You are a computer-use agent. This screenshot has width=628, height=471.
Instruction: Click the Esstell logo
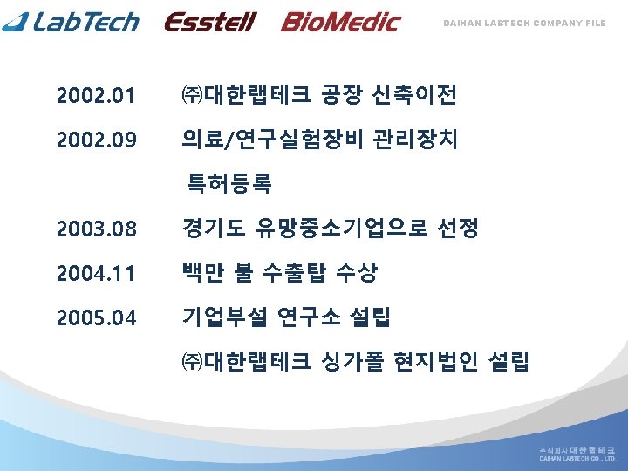point(209,22)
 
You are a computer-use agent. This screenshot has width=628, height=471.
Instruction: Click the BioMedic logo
point(339,22)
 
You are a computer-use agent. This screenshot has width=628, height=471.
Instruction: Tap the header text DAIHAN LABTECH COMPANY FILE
point(525,23)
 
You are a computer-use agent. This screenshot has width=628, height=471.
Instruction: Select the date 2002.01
point(96,95)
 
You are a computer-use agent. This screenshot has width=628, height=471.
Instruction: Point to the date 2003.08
point(96,229)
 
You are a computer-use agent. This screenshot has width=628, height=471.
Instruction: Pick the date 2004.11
point(96,274)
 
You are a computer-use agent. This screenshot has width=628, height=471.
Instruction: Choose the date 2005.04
point(96,318)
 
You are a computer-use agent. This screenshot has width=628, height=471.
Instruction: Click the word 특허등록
point(227,183)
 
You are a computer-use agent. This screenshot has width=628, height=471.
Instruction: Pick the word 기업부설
point(223,317)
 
